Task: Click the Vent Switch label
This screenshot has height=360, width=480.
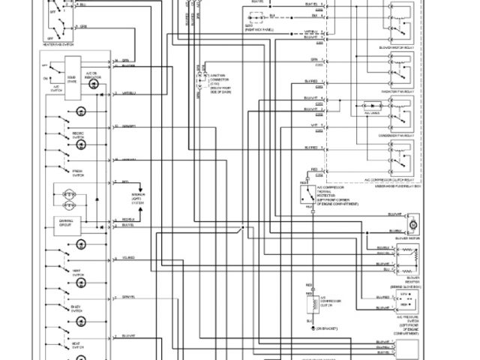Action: (x=76, y=272)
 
